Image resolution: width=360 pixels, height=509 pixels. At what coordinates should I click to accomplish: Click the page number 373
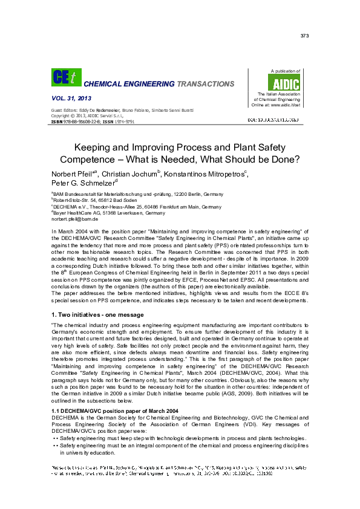point(304,36)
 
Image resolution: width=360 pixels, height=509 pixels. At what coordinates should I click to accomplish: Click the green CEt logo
point(61,77)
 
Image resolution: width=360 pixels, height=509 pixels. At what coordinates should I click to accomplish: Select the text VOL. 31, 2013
point(69,98)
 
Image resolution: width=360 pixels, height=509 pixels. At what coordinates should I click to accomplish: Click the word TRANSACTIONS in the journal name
point(205,84)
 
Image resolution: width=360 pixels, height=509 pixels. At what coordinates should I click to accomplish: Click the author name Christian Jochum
point(134,175)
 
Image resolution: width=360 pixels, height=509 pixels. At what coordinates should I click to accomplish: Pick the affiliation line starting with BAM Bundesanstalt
point(129,195)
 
